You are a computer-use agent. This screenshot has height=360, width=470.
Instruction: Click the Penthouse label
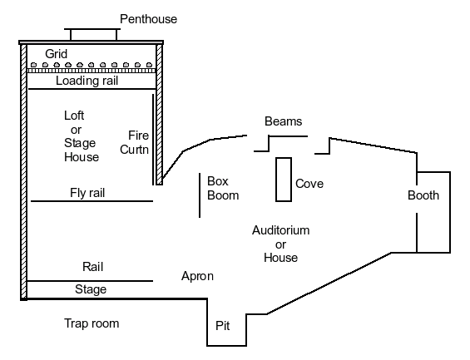pyautogui.click(x=148, y=19)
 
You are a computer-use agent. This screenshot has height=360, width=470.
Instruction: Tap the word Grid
pyautogui.click(x=56, y=54)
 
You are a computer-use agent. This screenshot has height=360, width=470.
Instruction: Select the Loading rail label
pyautogui.click(x=87, y=81)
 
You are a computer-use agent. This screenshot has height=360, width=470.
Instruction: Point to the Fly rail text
pyautogui.click(x=87, y=193)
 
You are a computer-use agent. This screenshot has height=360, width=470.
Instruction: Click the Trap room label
pyautogui.click(x=92, y=323)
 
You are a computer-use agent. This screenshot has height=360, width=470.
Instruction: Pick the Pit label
pyautogui.click(x=223, y=326)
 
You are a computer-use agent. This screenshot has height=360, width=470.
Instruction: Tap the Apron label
pyautogui.click(x=197, y=276)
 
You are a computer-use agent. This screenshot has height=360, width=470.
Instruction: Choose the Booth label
pyautogui.click(x=423, y=195)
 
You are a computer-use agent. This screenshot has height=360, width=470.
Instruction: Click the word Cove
pyautogui.click(x=309, y=184)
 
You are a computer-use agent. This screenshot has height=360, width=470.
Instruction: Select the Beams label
pyautogui.click(x=284, y=121)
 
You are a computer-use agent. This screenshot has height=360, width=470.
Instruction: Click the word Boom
pyautogui.click(x=223, y=195)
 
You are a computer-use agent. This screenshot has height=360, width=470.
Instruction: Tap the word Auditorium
pyautogui.click(x=281, y=230)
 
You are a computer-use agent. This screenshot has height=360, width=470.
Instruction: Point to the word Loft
pyautogui.click(x=74, y=116)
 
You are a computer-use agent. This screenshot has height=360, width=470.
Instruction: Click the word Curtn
pyautogui.click(x=134, y=150)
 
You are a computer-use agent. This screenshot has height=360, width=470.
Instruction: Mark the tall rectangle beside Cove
pyautogui.click(x=284, y=180)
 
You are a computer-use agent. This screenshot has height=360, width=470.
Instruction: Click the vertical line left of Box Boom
pyautogui.click(x=200, y=195)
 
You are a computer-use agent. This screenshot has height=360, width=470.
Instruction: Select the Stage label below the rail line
pyautogui.click(x=91, y=289)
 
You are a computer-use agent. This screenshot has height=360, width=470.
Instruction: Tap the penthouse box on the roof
pyautogui.click(x=92, y=34)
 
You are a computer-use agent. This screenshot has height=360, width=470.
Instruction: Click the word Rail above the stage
pyautogui.click(x=93, y=267)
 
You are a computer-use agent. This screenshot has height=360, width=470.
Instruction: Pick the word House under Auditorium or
pyautogui.click(x=281, y=258)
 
